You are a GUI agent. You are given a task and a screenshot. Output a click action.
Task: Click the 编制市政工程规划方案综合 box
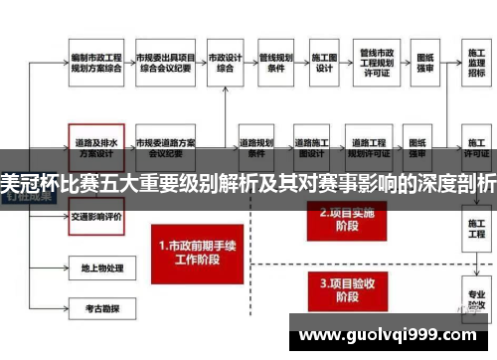tap(96, 63)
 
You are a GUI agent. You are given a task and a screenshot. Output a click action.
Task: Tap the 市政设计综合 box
tap(229, 63)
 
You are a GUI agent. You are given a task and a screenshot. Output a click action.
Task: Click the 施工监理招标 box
tap(476, 63)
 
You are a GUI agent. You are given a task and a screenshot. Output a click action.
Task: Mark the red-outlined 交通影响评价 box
tap(96, 216)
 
